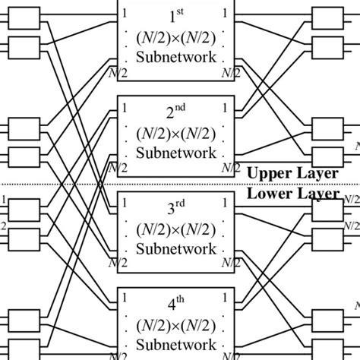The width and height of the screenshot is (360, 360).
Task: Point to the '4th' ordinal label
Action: coord(176,305)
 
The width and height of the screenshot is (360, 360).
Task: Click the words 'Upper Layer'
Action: coord(292,173)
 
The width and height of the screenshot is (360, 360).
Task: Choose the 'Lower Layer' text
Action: coord(292,194)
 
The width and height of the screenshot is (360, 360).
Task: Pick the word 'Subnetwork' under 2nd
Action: coord(176,153)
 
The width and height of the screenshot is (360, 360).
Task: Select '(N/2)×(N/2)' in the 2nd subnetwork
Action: coord(176,134)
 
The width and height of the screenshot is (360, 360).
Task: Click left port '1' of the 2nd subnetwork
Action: coord(124,108)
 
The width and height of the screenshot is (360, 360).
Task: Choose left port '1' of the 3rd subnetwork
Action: coord(124,203)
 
